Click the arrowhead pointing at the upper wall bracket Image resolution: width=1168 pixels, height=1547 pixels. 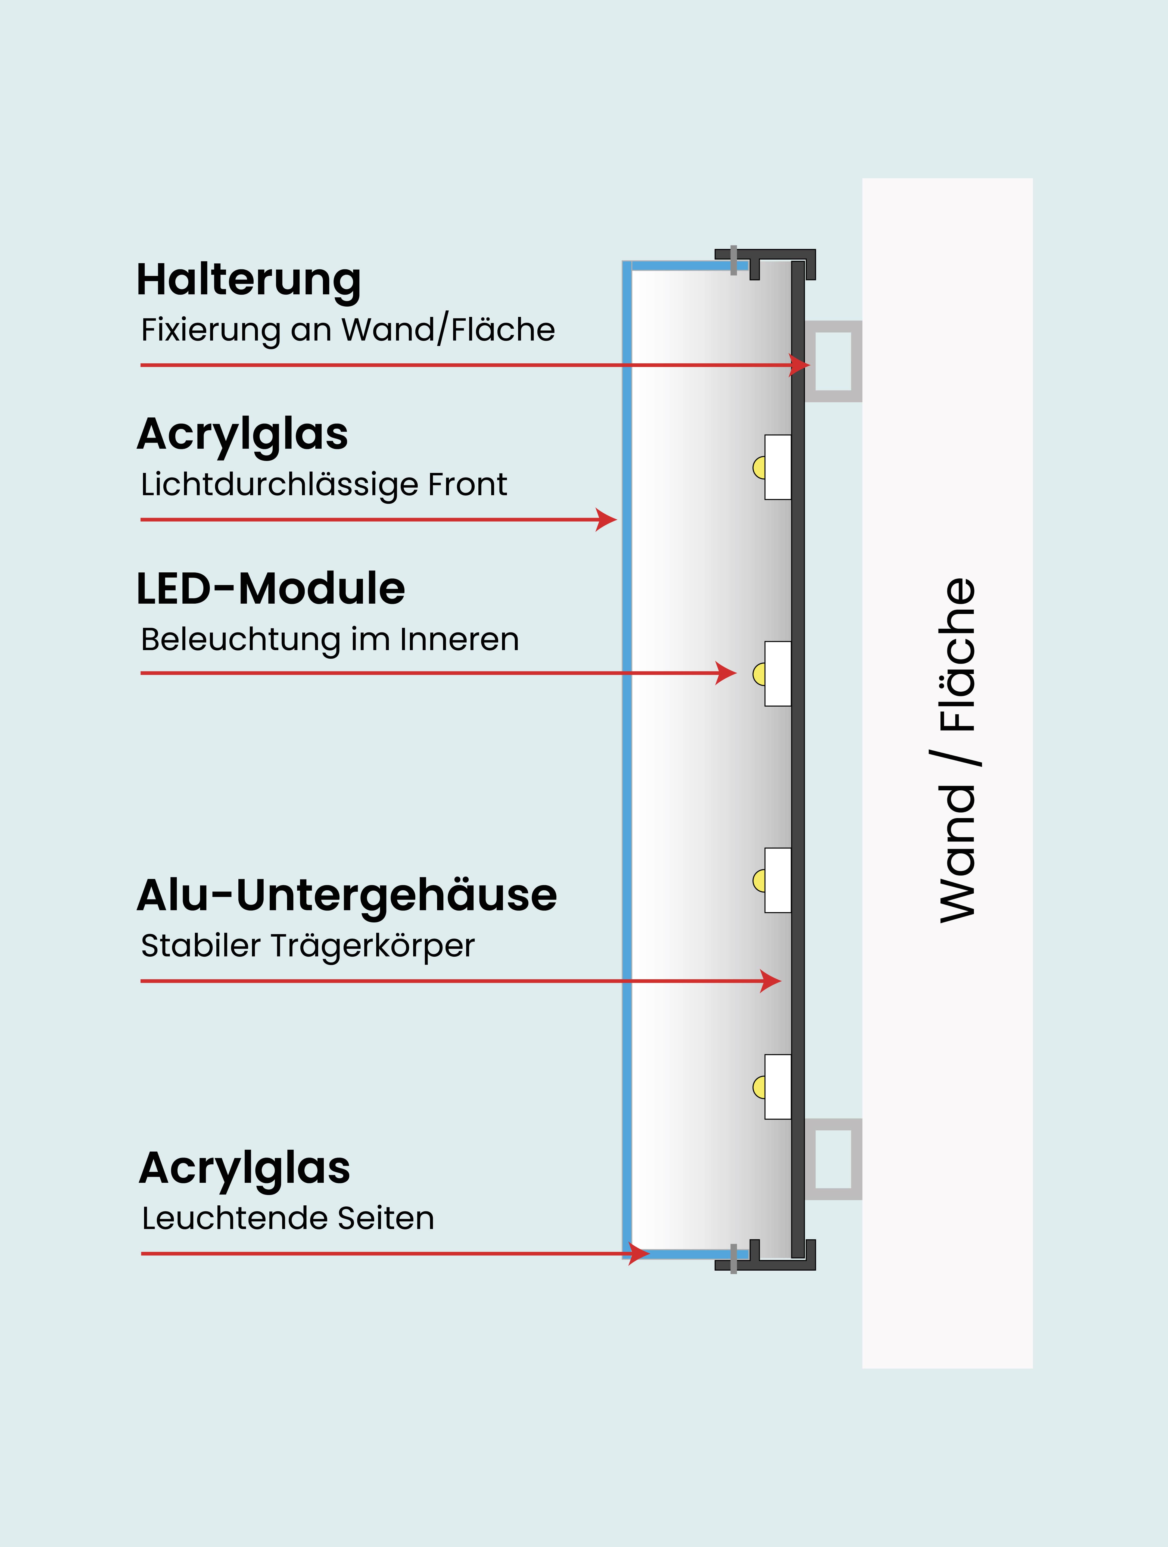tap(799, 365)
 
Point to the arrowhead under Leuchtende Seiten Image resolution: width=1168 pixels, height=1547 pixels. tap(638, 1253)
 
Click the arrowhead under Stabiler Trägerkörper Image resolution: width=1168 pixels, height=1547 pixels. tap(771, 981)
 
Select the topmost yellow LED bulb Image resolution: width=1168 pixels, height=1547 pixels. tap(759, 468)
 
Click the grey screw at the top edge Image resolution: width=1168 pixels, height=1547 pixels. tap(734, 260)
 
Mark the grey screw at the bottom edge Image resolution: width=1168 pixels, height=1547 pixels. tap(734, 1259)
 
